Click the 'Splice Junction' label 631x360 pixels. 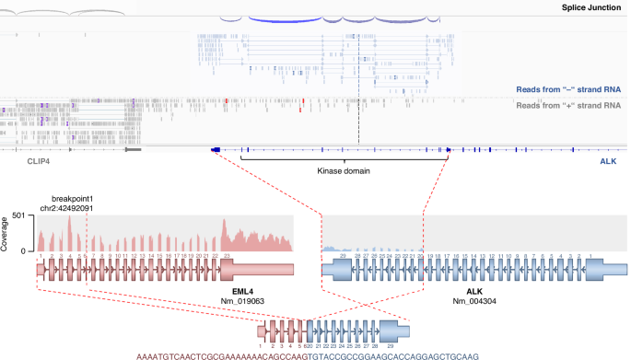(x=592, y=7)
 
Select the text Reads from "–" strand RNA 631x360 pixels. (x=571, y=90)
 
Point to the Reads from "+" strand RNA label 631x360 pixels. (x=571, y=105)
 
